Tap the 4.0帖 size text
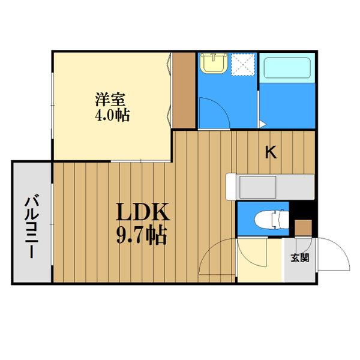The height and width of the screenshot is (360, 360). (x=112, y=113)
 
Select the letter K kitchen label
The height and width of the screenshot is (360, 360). (x=271, y=153)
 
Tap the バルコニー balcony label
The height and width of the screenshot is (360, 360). (x=31, y=223)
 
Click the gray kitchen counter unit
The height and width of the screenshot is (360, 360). (x=270, y=185)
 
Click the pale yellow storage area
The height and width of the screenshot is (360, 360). (x=259, y=261)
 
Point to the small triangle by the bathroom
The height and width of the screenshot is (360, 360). (x=262, y=124)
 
